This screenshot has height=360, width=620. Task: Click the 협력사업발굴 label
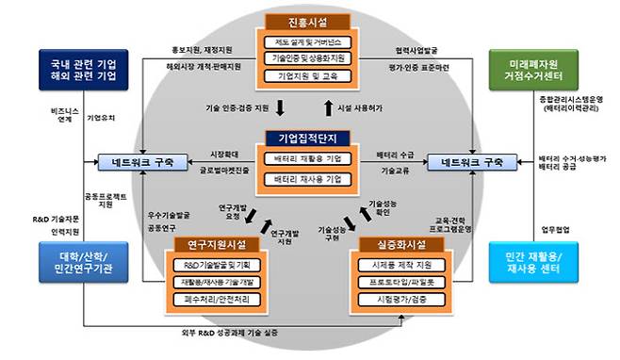[x=416, y=50]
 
